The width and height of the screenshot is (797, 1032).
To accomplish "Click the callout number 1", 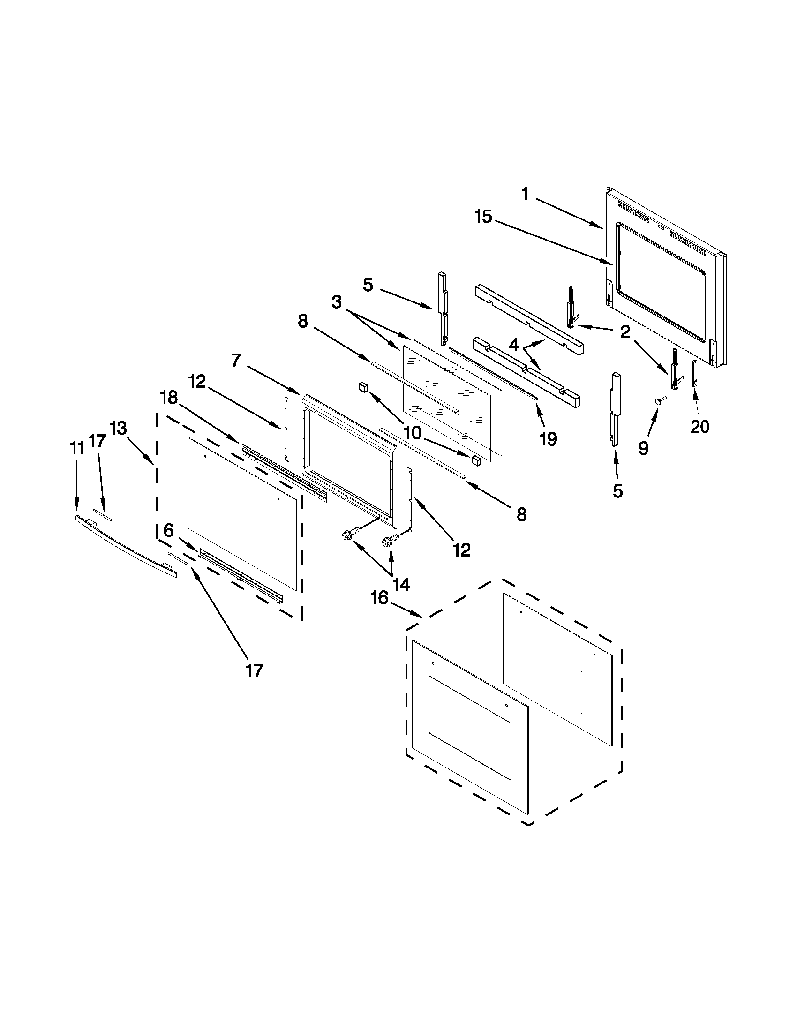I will [x=525, y=194].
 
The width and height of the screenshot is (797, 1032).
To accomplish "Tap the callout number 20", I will [x=699, y=426].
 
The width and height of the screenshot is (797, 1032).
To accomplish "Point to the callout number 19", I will [x=549, y=439].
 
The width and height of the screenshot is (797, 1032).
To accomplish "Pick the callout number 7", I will [x=237, y=360].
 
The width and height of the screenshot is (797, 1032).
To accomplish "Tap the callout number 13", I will [x=118, y=428].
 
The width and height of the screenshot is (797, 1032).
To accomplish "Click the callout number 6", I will [x=169, y=530].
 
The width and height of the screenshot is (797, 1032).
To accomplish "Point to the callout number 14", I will [x=401, y=585].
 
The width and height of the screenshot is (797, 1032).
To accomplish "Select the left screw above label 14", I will [x=348, y=535].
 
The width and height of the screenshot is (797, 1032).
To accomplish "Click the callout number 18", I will [x=169, y=398].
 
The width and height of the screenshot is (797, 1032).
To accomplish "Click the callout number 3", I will [x=336, y=302].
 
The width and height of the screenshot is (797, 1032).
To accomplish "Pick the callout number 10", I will [x=413, y=432].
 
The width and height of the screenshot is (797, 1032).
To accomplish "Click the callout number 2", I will [x=625, y=332].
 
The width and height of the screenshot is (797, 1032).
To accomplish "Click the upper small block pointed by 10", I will [x=363, y=387].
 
